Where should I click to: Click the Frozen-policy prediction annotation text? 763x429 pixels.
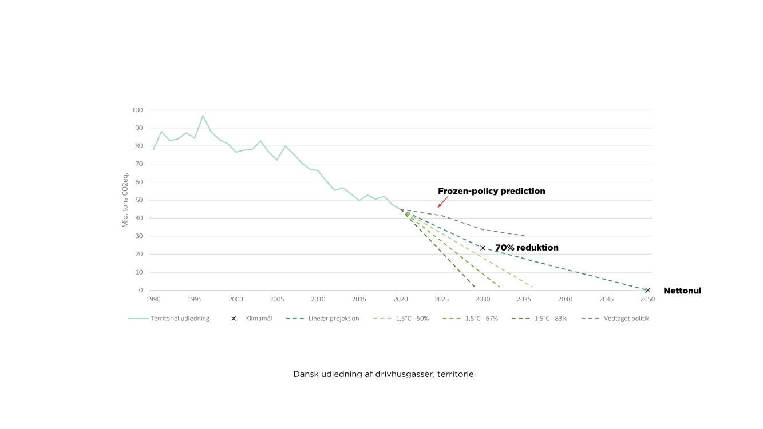pos(491,191)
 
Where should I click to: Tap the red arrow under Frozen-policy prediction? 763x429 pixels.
pos(442,202)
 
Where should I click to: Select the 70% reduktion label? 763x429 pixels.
pos(527,248)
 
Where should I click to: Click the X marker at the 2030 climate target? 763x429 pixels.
pos(483,248)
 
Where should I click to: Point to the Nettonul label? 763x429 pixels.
pos(682,291)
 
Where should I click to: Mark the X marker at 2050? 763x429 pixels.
pos(648,290)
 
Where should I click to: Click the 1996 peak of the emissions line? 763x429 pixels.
pos(203,116)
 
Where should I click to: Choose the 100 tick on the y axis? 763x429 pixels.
pos(137,110)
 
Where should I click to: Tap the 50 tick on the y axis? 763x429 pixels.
pos(139,200)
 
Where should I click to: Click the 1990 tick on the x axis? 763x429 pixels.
pos(153,299)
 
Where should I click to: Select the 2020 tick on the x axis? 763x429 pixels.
pos(401,299)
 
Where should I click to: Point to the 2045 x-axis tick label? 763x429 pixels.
pos(607,299)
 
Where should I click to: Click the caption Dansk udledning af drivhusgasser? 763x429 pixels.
pos(385,374)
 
